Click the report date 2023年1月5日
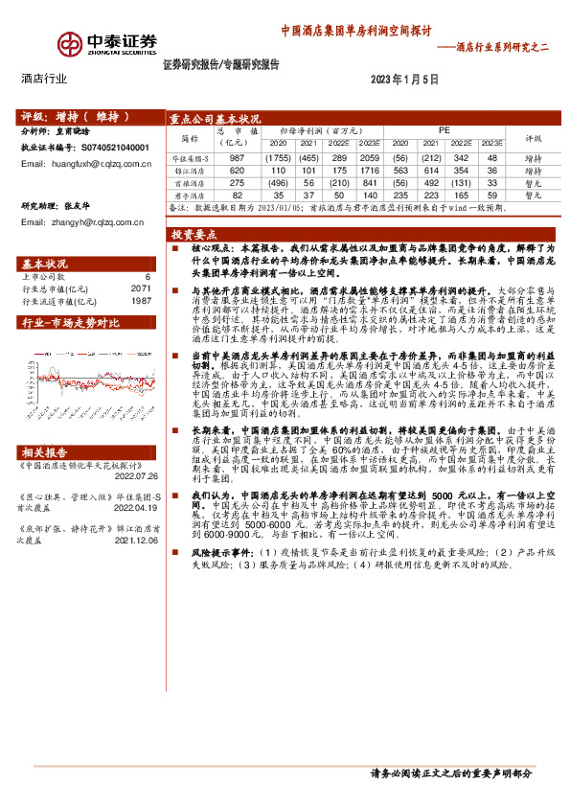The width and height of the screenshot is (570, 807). pos(402,79)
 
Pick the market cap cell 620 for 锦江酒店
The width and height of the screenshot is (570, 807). pos(238,170)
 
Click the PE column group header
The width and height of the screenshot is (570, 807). pos(444,128)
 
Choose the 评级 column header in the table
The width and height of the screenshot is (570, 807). pos(533,136)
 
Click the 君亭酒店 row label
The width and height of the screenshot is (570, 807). pos(189,194)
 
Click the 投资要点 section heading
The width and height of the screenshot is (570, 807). pos(194,234)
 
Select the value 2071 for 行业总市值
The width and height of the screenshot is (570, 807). pos(141,288)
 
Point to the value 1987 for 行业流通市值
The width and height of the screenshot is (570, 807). pos(141,301)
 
